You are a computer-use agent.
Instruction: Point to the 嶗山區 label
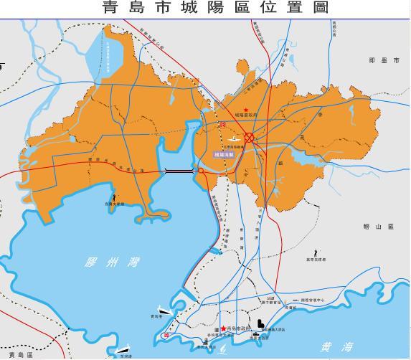[x=379, y=227]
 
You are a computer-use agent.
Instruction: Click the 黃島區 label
[x=22, y=354]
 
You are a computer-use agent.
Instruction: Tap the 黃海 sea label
[x=337, y=347]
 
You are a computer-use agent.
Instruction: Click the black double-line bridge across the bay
[x=179, y=171]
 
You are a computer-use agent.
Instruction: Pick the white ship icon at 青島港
[x=164, y=311]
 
